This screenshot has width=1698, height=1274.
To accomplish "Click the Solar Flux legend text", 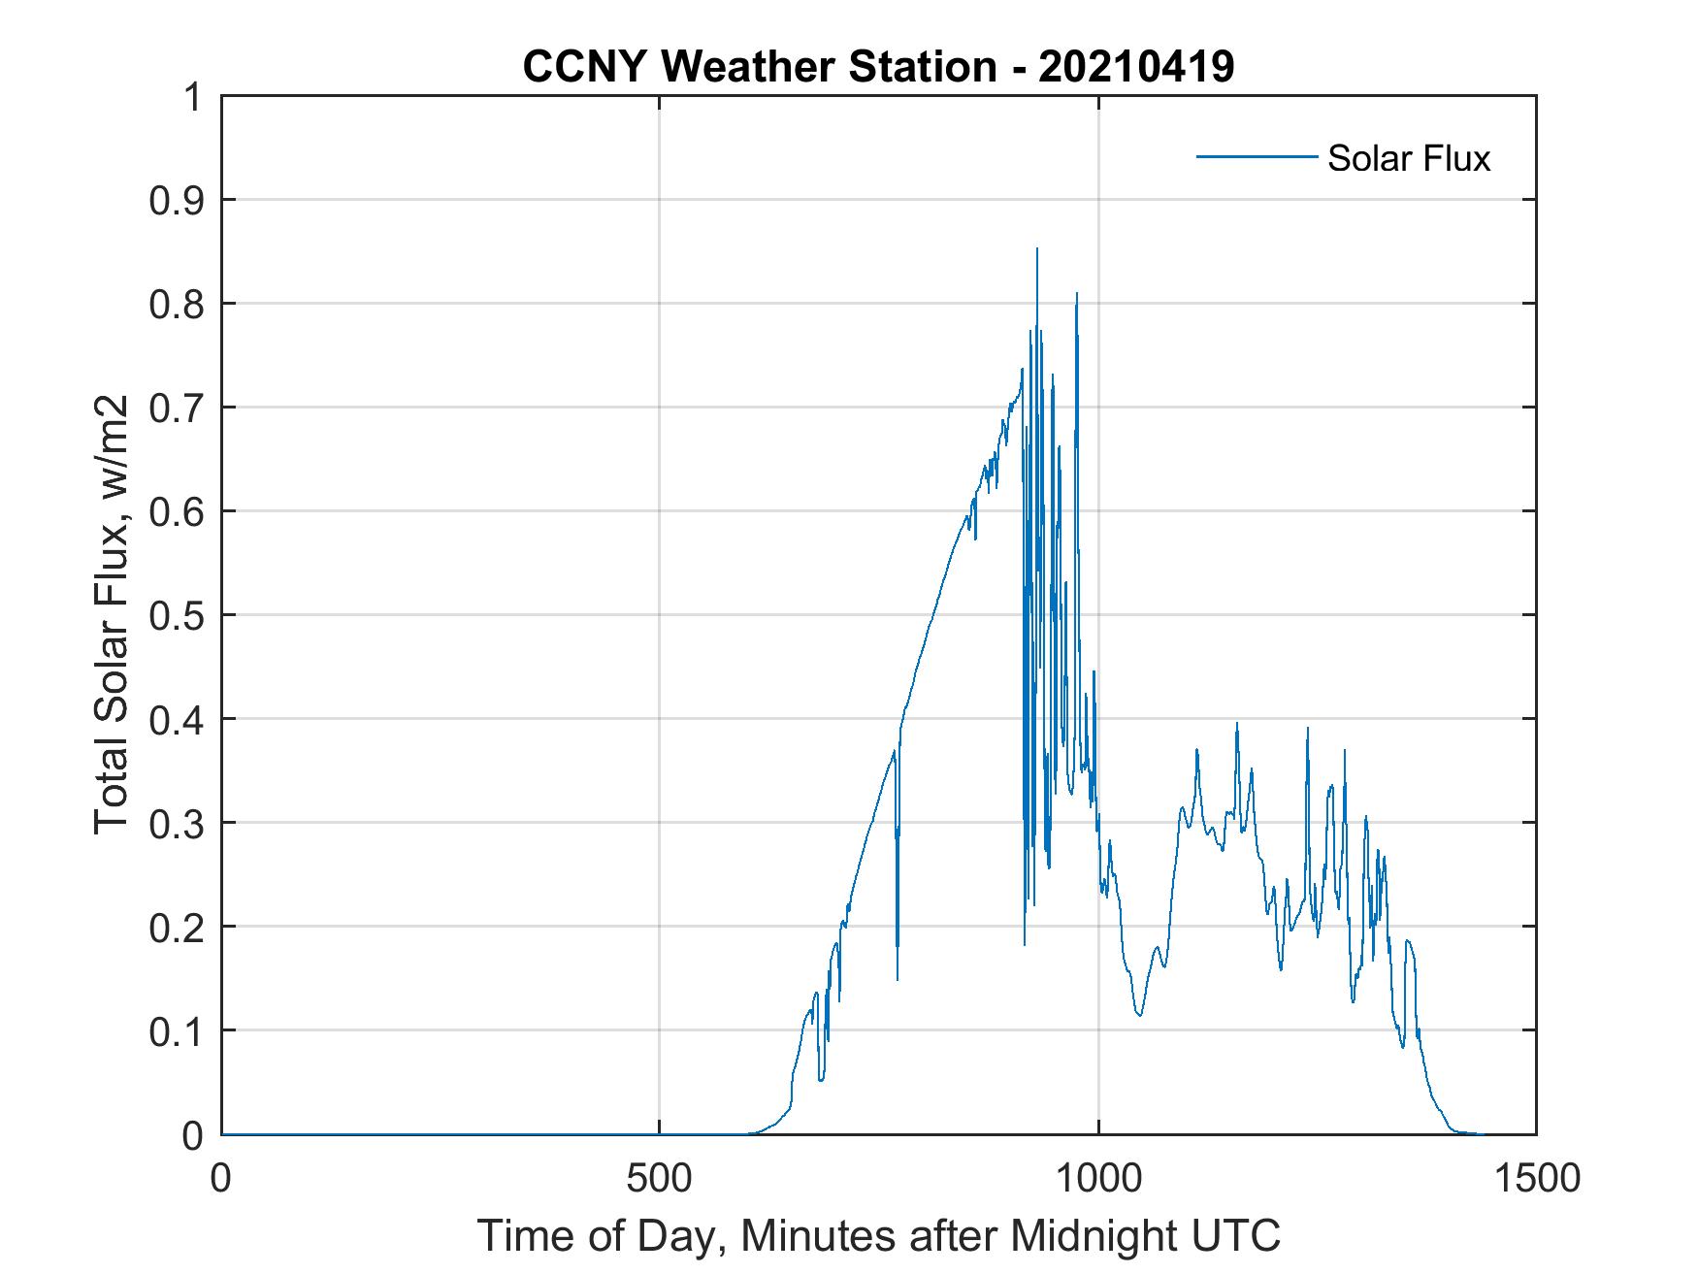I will tap(1408, 158).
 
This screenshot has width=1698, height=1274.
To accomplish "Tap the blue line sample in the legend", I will tap(1256, 156).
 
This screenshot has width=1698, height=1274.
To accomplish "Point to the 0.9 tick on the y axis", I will tap(179, 200).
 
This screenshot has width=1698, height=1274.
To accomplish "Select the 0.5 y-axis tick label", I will tap(179, 615).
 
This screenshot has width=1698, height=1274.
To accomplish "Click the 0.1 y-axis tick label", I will tap(179, 1031).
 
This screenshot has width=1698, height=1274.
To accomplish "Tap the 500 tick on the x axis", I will tap(659, 1178).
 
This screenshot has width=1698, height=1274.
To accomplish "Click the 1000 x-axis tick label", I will tap(1097, 1178).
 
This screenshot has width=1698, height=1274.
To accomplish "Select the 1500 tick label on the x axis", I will tap(1536, 1178).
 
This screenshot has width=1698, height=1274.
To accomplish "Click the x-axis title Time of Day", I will tap(878, 1236).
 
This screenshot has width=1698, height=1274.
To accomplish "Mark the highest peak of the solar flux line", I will tap(1037, 249).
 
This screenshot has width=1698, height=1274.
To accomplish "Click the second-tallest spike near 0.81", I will tap(1076, 294).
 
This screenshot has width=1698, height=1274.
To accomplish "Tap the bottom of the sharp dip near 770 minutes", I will tap(898, 978).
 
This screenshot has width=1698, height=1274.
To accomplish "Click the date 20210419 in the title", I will tap(1136, 66).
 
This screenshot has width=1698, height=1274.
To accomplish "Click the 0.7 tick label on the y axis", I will tap(179, 408).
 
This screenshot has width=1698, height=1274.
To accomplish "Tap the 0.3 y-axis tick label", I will tap(179, 823).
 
